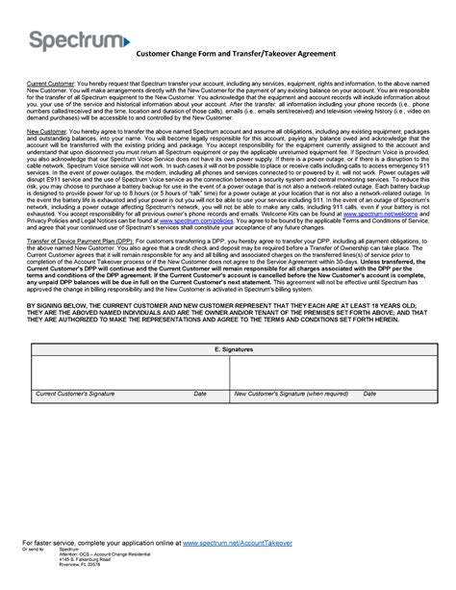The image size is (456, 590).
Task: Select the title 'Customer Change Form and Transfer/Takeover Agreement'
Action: tap(234, 54)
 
